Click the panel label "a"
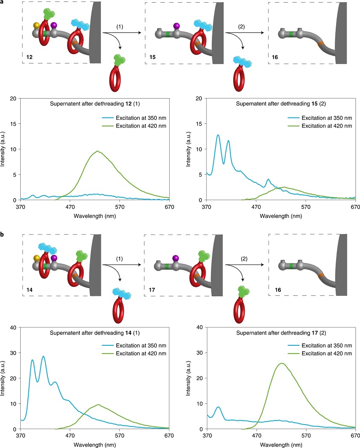[x=3, y=3]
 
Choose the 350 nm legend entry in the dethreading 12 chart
[x=134, y=117]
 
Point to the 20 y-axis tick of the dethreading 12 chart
[x=13, y=98]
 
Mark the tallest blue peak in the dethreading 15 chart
[x=218, y=135]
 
